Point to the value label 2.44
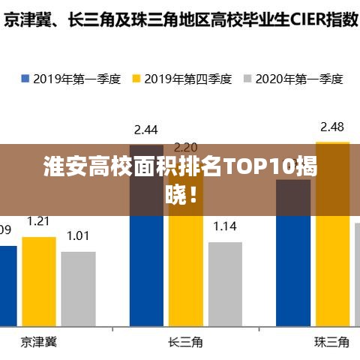coord(146,130)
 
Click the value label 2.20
coord(185,147)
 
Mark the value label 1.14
coord(225,226)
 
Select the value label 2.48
coord(332,126)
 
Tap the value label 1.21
coord(39,220)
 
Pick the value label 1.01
coord(78,235)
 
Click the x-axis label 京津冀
coord(39,342)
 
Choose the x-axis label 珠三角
coord(331,342)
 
